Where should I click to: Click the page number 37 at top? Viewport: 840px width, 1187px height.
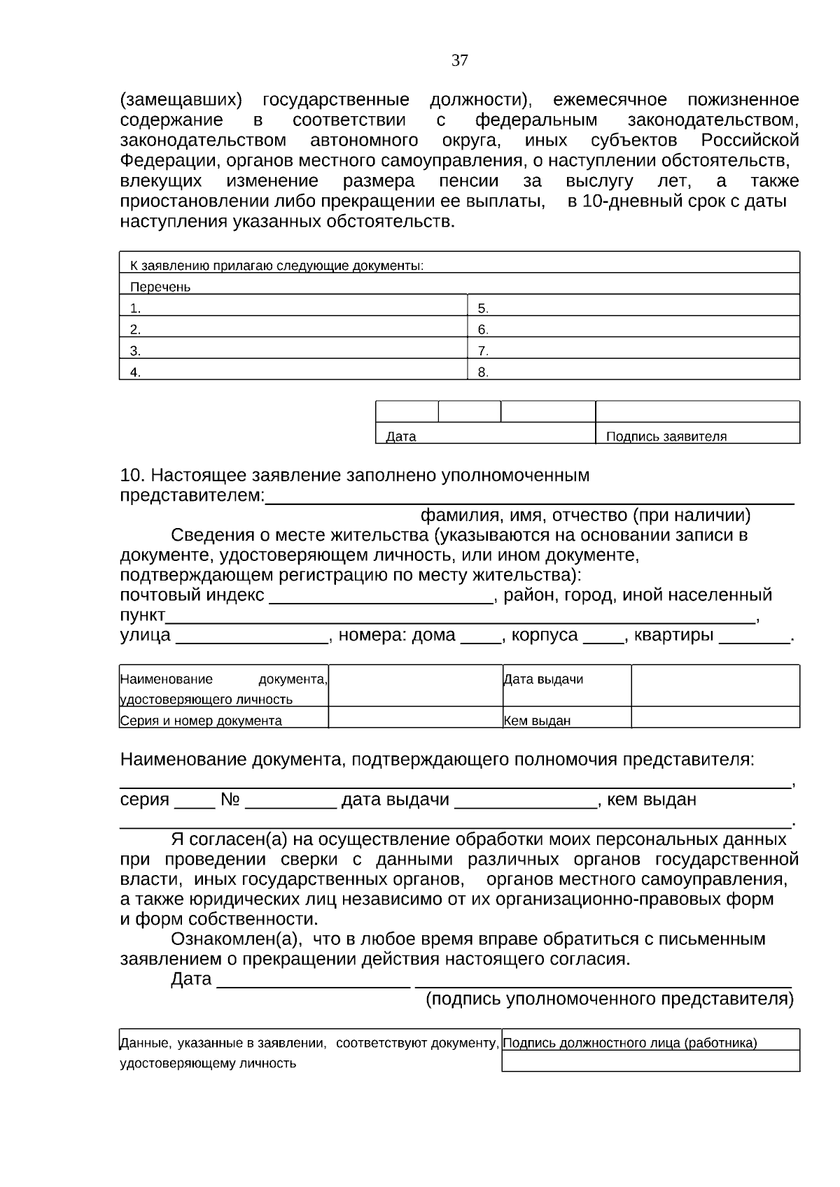click(x=459, y=61)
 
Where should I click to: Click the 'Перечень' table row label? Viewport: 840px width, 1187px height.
click(x=160, y=287)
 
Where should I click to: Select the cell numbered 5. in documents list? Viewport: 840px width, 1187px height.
click(x=633, y=308)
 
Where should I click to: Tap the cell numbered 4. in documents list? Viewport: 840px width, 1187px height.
click(x=293, y=372)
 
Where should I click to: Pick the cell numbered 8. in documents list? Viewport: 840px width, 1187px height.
click(x=633, y=372)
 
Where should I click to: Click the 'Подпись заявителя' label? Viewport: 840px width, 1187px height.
click(x=666, y=436)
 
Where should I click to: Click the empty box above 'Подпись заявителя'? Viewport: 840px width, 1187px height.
click(x=697, y=411)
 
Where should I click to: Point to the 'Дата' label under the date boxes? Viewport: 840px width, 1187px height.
click(x=401, y=436)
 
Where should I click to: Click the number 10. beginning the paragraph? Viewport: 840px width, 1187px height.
click(x=132, y=476)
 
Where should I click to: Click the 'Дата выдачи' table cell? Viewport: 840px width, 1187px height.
click(x=543, y=679)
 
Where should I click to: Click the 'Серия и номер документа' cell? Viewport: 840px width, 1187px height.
click(x=202, y=720)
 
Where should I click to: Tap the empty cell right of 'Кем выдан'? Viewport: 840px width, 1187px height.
click(x=715, y=718)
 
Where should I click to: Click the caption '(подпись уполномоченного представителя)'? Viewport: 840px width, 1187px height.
click(x=610, y=999)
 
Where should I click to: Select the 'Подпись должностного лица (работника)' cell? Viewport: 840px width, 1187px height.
click(x=630, y=1043)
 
